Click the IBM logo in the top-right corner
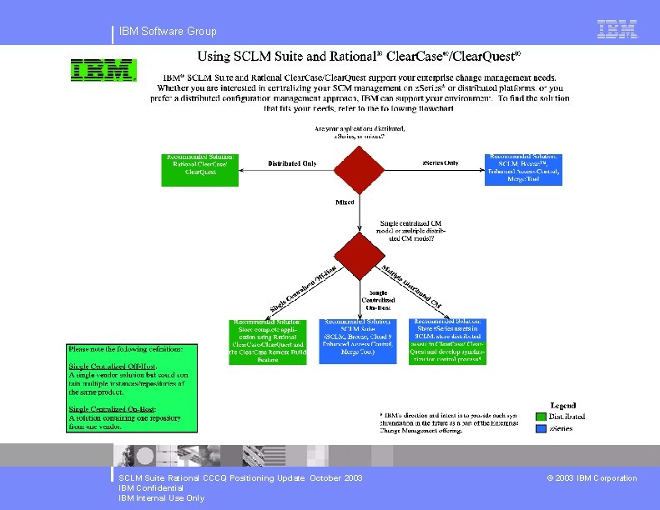[617, 29]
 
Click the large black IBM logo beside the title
[103, 69]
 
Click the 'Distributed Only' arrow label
[292, 163]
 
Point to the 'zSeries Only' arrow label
[439, 162]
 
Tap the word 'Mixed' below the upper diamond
[345, 202]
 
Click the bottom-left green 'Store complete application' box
[269, 341]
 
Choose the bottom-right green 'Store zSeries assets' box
[447, 341]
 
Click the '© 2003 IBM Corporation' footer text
[592, 478]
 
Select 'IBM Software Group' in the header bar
[168, 32]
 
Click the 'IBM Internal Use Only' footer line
[161, 498]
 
